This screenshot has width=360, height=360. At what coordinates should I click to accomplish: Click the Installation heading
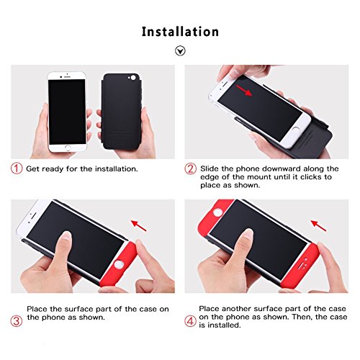(x=180, y=32)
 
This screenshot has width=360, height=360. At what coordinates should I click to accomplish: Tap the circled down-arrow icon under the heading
(x=180, y=50)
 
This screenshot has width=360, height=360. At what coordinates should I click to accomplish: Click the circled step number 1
(x=17, y=168)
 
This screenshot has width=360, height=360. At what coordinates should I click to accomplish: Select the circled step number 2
(x=190, y=168)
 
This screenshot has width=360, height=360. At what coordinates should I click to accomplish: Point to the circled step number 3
(x=17, y=320)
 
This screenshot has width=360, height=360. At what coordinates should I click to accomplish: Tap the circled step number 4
(x=190, y=320)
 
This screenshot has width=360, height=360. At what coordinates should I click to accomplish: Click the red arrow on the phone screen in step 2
(x=244, y=90)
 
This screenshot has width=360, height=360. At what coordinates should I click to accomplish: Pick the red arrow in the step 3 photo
(x=139, y=225)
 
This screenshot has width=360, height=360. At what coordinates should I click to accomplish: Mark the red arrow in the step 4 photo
(x=319, y=225)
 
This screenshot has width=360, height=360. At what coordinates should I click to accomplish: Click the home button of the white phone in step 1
(x=68, y=148)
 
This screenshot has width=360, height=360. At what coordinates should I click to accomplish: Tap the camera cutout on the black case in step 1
(x=132, y=78)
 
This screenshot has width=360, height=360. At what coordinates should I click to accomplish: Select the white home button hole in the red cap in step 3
(x=118, y=264)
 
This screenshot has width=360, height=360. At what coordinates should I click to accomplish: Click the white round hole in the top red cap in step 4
(x=218, y=212)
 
